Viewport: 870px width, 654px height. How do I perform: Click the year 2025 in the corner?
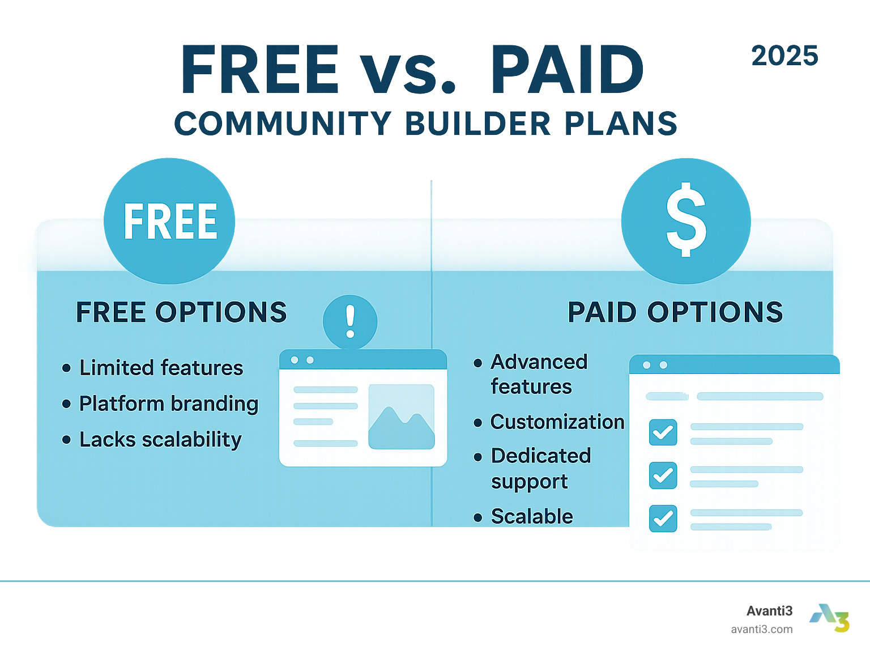click(784, 56)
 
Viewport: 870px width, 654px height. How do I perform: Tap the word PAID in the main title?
click(567, 70)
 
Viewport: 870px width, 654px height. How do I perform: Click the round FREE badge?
click(169, 221)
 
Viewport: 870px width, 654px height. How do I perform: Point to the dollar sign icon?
click(686, 219)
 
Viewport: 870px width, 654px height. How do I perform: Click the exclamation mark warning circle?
click(350, 322)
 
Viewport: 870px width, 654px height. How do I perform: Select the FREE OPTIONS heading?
click(181, 312)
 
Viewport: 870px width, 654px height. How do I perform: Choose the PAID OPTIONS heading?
click(675, 312)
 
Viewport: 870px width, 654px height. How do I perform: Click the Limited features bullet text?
click(161, 368)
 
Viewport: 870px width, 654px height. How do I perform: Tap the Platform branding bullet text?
click(168, 404)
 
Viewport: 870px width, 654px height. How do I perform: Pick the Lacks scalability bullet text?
click(160, 440)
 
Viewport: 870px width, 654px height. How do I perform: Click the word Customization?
click(557, 422)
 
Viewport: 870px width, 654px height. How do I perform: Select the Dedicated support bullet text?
click(540, 468)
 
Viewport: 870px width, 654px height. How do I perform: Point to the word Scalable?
click(532, 516)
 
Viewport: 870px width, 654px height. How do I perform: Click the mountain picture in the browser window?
click(402, 417)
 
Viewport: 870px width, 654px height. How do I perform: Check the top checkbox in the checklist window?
click(663, 432)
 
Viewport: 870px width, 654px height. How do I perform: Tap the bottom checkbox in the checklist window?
click(663, 519)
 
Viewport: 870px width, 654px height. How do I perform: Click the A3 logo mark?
click(829, 618)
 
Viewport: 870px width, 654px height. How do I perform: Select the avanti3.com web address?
click(761, 630)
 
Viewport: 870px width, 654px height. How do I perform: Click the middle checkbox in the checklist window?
click(663, 475)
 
